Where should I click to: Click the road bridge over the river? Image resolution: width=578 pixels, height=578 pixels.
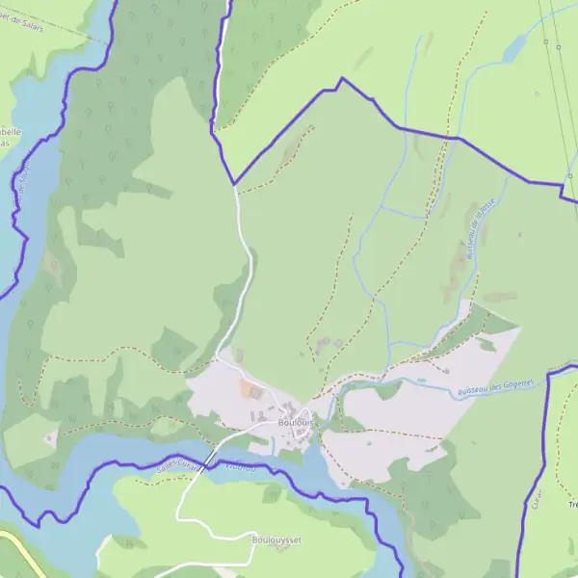pyautogui.click(x=209, y=457)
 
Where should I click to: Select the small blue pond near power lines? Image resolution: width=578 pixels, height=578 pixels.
pyautogui.click(x=514, y=46)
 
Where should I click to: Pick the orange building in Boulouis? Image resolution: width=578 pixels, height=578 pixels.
pyautogui.click(x=248, y=389)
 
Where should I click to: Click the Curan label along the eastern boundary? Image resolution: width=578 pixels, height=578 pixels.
pyautogui.click(x=536, y=501)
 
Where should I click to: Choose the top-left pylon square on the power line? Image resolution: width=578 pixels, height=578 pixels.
pyautogui.click(x=545, y=42)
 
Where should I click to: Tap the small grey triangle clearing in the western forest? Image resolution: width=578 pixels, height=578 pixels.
pyautogui.click(x=50, y=438)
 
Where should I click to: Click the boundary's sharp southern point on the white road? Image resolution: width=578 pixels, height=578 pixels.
pyautogui.click(x=233, y=184)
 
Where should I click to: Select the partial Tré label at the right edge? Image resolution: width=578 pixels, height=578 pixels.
pyautogui.click(x=572, y=505)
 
